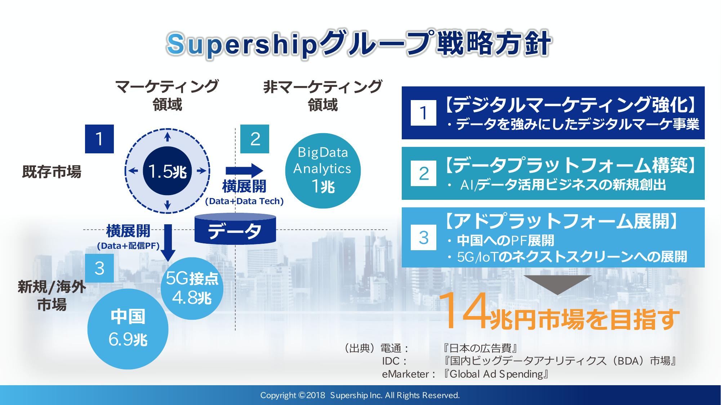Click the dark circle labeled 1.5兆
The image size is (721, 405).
tap(167, 171)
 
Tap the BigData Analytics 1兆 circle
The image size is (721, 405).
tap(322, 171)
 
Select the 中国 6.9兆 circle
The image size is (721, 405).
tap(128, 329)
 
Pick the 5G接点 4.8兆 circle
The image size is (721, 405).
tap(192, 288)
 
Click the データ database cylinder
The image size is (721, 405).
tap(235, 229)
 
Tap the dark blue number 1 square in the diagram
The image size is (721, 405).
tap(99, 139)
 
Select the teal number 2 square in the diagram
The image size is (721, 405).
tap(255, 139)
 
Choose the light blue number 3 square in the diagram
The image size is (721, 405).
tap(99, 268)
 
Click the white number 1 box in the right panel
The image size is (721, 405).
tap(423, 113)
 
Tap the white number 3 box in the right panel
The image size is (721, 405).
tap(423, 238)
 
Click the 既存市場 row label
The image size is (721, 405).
tap(52, 172)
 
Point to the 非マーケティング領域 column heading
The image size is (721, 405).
tap(322, 96)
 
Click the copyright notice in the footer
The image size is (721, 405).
tap(360, 395)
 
